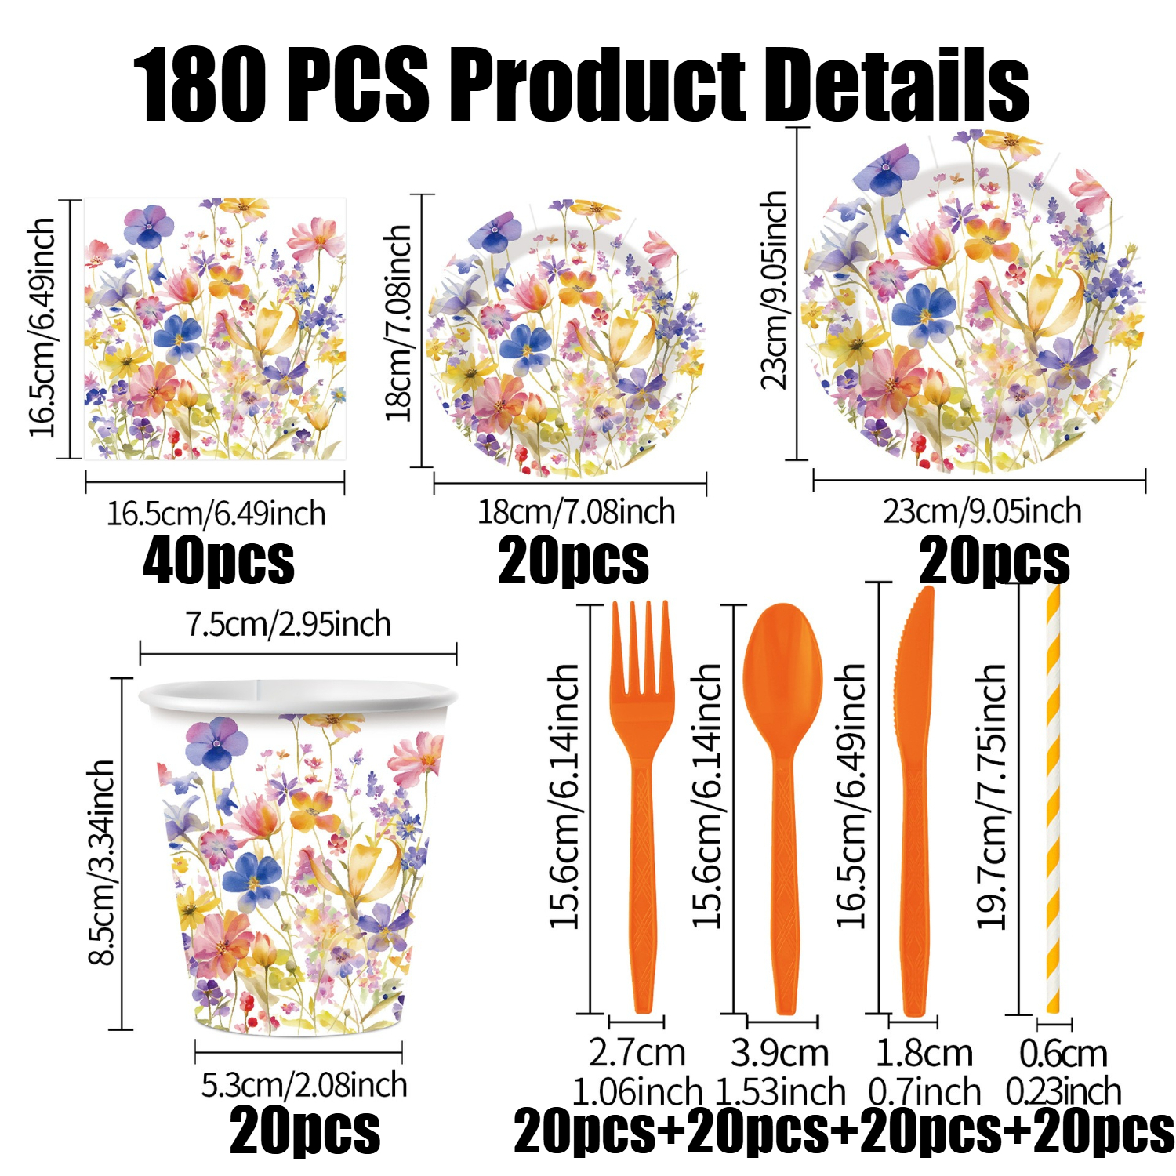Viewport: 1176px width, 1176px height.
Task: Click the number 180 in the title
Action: [199, 85]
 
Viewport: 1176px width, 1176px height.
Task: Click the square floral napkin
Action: [215, 328]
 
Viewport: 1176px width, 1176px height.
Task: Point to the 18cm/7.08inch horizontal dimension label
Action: [576, 512]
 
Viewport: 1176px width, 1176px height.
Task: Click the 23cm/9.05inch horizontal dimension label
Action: [982, 511]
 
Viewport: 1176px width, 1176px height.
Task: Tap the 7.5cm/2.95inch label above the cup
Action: [289, 625]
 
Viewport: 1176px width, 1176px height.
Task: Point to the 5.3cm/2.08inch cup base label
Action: [304, 1085]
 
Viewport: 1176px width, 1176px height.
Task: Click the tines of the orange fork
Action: [642, 648]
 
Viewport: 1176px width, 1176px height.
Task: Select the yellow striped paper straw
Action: [1053, 797]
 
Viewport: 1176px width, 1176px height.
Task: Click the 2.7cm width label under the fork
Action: [637, 1053]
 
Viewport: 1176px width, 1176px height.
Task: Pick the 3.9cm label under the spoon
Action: [780, 1053]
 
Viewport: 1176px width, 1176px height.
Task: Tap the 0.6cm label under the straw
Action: [1063, 1054]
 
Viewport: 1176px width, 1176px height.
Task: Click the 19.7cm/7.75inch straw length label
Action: [991, 797]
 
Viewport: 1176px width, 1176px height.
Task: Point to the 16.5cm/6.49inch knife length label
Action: [851, 797]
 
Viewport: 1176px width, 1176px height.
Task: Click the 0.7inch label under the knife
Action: [924, 1092]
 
